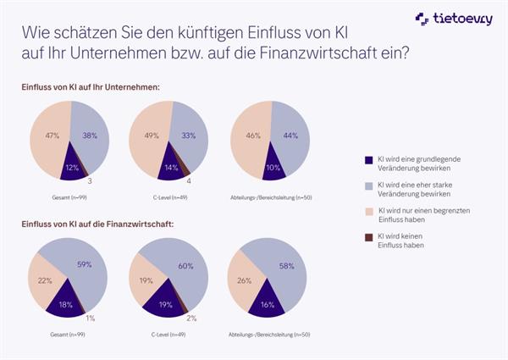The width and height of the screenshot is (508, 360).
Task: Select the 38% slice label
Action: click(91, 136)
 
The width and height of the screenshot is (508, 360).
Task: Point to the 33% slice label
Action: click(189, 136)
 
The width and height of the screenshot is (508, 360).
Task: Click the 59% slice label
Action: click(84, 263)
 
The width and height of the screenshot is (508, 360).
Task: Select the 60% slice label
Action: click(186, 265)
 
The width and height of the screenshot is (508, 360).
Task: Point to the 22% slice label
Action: click(46, 280)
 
